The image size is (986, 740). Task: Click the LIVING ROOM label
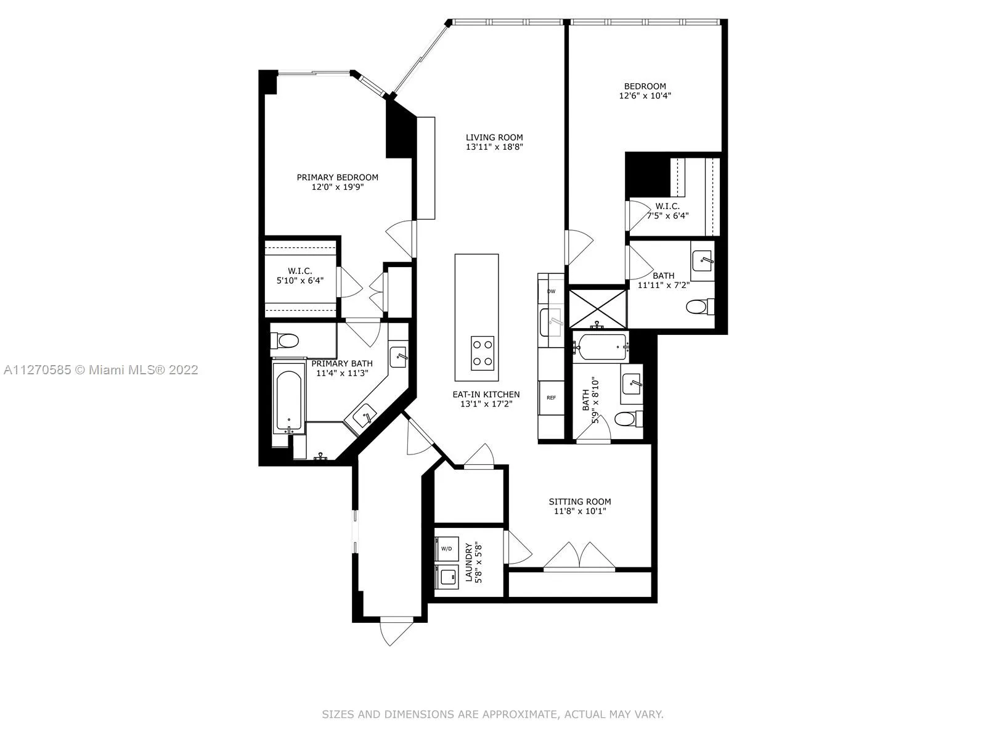tap(494, 138)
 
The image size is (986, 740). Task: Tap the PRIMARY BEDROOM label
tap(337, 178)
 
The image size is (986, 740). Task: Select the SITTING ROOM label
tap(579, 501)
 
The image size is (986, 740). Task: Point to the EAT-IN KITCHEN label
tap(486, 395)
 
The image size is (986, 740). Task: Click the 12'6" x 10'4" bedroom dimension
tap(645, 96)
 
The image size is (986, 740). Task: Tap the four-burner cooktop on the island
tap(483, 353)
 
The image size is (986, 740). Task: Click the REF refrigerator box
tap(551, 398)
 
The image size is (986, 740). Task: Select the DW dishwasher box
tap(551, 291)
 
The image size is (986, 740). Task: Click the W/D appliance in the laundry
tap(447, 549)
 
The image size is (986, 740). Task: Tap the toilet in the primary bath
tap(285, 341)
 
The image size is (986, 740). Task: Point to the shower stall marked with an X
tap(597, 309)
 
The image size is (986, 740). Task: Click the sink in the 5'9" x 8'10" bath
tap(632, 384)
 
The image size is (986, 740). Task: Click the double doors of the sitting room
tap(579, 556)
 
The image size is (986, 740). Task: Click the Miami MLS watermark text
tap(101, 370)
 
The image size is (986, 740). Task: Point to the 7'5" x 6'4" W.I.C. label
tap(667, 211)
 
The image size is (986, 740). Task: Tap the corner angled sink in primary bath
tap(364, 416)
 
